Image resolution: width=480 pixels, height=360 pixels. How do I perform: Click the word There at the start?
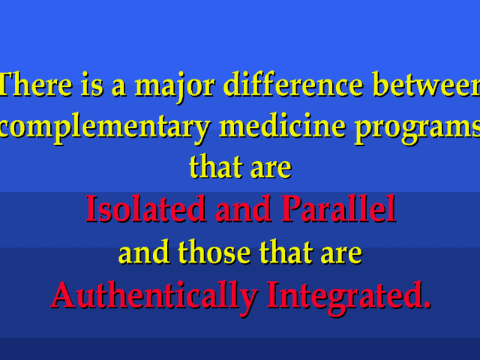(x=36, y=84)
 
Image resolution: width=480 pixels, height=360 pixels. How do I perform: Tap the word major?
(x=175, y=87)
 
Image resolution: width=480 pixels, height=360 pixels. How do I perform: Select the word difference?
(x=293, y=84)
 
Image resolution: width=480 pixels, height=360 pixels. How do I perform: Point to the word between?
(x=426, y=84)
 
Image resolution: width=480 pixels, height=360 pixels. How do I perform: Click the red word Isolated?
(x=145, y=208)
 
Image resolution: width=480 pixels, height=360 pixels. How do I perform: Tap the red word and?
(x=243, y=208)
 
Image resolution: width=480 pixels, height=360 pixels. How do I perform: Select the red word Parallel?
(x=338, y=208)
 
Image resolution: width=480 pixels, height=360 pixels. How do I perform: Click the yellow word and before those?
(x=144, y=252)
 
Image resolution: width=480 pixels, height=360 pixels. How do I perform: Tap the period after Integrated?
(x=427, y=304)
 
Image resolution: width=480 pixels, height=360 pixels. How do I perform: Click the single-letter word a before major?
(x=118, y=88)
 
